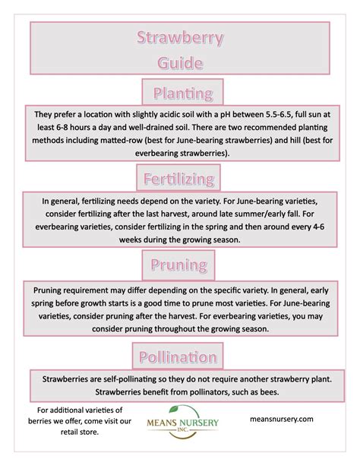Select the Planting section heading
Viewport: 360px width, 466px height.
[182, 94]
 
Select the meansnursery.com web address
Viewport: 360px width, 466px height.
[281, 419]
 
